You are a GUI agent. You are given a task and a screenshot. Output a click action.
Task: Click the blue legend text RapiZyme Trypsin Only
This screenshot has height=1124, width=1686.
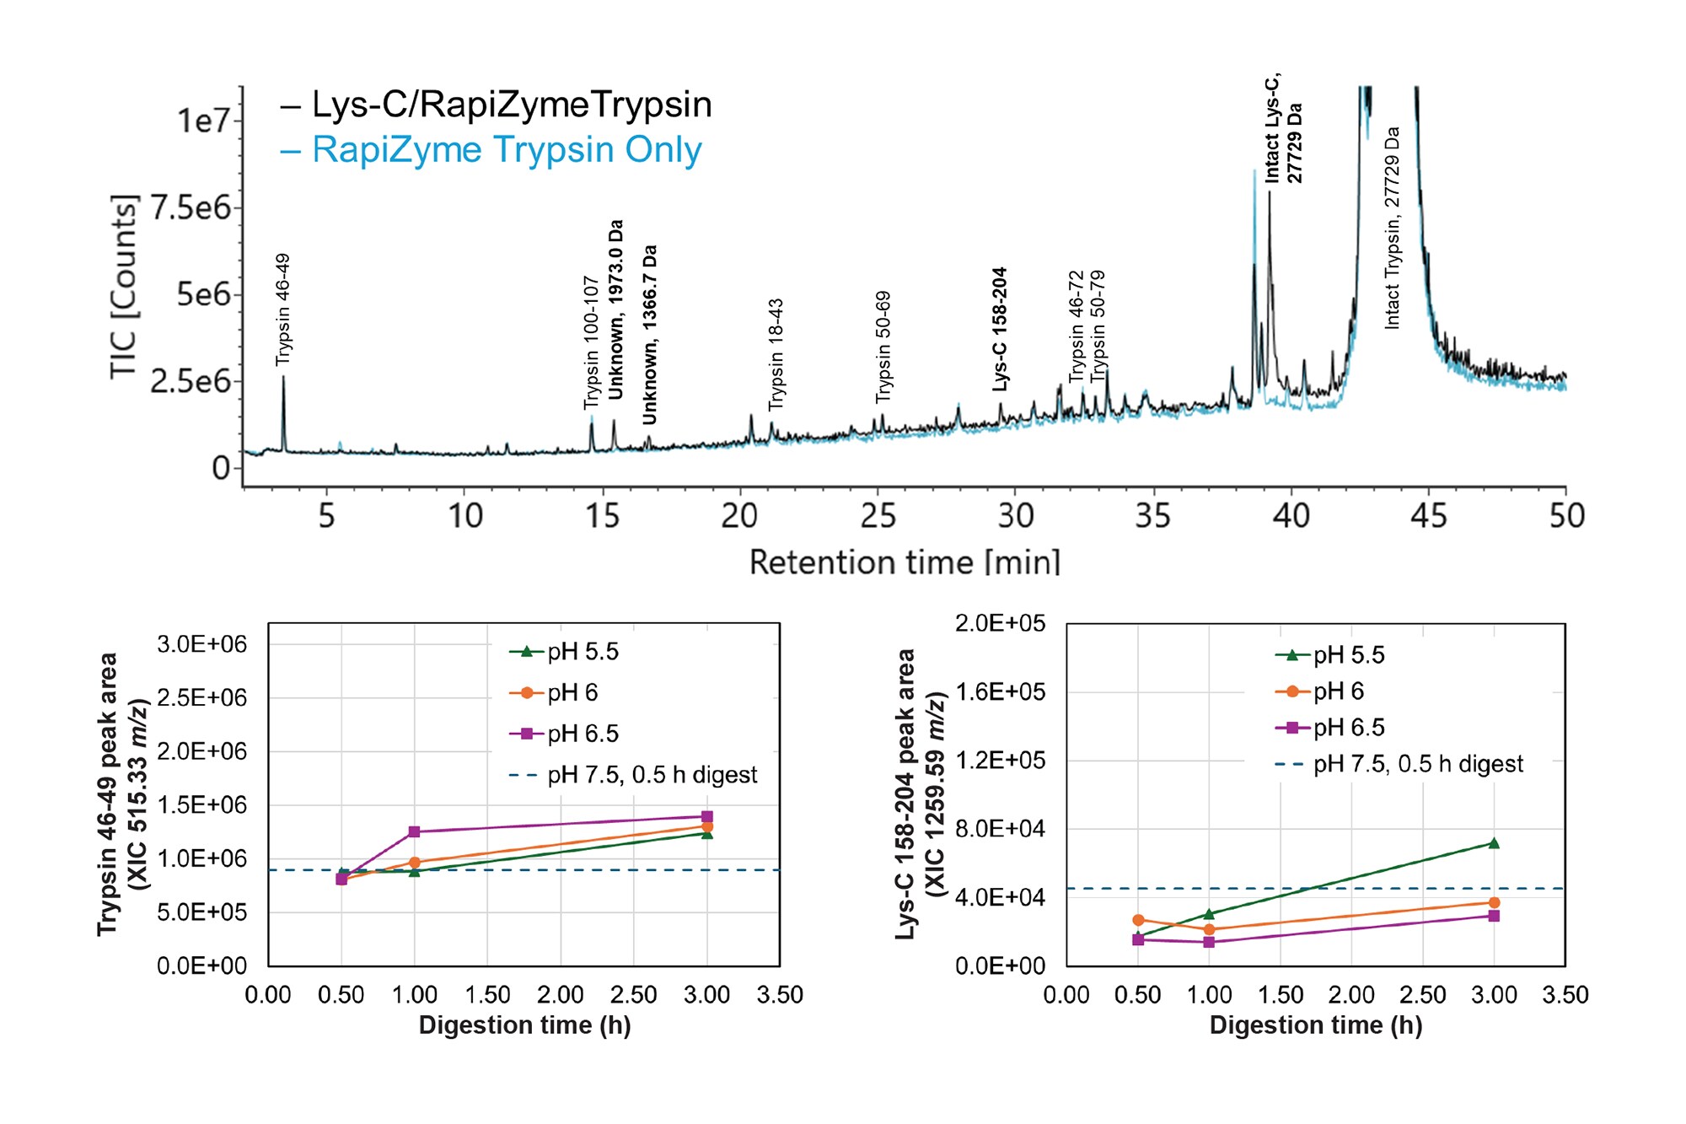coord(506,150)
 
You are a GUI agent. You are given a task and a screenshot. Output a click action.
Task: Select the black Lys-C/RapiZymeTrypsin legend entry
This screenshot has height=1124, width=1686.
coord(511,105)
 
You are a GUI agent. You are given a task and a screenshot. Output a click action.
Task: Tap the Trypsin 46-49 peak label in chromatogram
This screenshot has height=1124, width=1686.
coord(283,309)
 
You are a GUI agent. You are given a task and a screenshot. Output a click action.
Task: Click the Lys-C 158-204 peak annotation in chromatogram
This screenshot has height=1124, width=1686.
coord(1000,329)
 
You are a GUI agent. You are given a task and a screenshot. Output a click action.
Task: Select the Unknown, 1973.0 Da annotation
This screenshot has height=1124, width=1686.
coord(616,309)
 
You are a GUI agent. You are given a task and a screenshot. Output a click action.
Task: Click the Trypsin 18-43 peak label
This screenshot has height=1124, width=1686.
coord(776,354)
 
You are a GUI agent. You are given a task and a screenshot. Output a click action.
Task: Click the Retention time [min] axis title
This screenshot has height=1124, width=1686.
coord(905,562)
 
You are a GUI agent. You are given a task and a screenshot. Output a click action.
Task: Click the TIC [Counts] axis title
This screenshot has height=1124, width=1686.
coord(123,287)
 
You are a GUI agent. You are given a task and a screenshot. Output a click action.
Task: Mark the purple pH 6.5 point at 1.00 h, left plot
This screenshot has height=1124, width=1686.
coord(414,831)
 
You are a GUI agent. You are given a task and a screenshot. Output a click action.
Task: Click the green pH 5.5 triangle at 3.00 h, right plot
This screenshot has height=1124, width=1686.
coord(1494,843)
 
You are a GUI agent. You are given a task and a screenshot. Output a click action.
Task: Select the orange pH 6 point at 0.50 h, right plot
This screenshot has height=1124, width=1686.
coord(1138,920)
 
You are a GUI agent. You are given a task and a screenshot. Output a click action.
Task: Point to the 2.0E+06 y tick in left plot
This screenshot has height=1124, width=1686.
coord(201,751)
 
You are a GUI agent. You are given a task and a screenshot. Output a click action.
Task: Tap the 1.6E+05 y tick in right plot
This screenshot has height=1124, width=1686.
coord(1000,692)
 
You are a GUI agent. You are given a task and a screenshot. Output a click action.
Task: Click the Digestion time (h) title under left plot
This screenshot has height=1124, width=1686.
coord(524,1025)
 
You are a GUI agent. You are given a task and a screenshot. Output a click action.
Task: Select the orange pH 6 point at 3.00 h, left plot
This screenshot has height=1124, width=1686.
coord(707,826)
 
